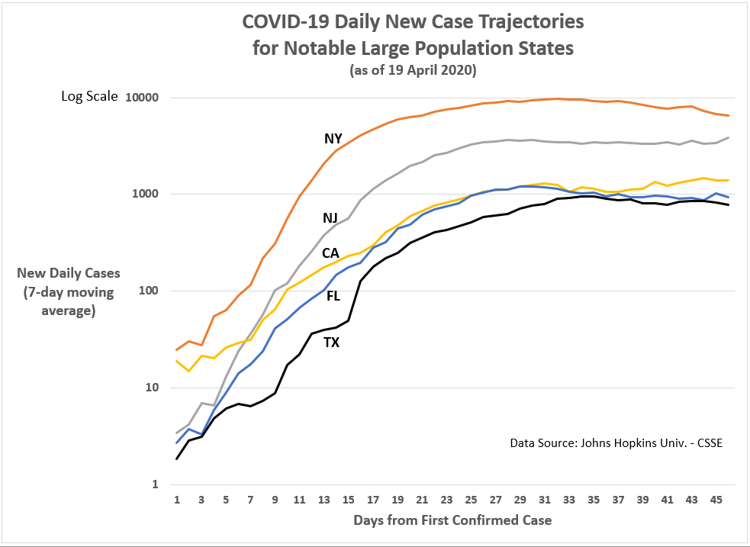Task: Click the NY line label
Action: click(333, 139)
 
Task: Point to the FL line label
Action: click(333, 296)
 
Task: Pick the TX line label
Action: click(331, 343)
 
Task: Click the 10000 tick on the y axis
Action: click(142, 98)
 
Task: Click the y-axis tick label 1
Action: click(154, 484)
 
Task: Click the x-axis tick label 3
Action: click(201, 500)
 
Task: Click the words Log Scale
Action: click(90, 97)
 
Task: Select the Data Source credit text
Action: click(615, 443)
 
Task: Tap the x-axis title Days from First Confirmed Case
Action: click(452, 520)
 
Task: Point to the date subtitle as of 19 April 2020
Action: click(413, 71)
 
